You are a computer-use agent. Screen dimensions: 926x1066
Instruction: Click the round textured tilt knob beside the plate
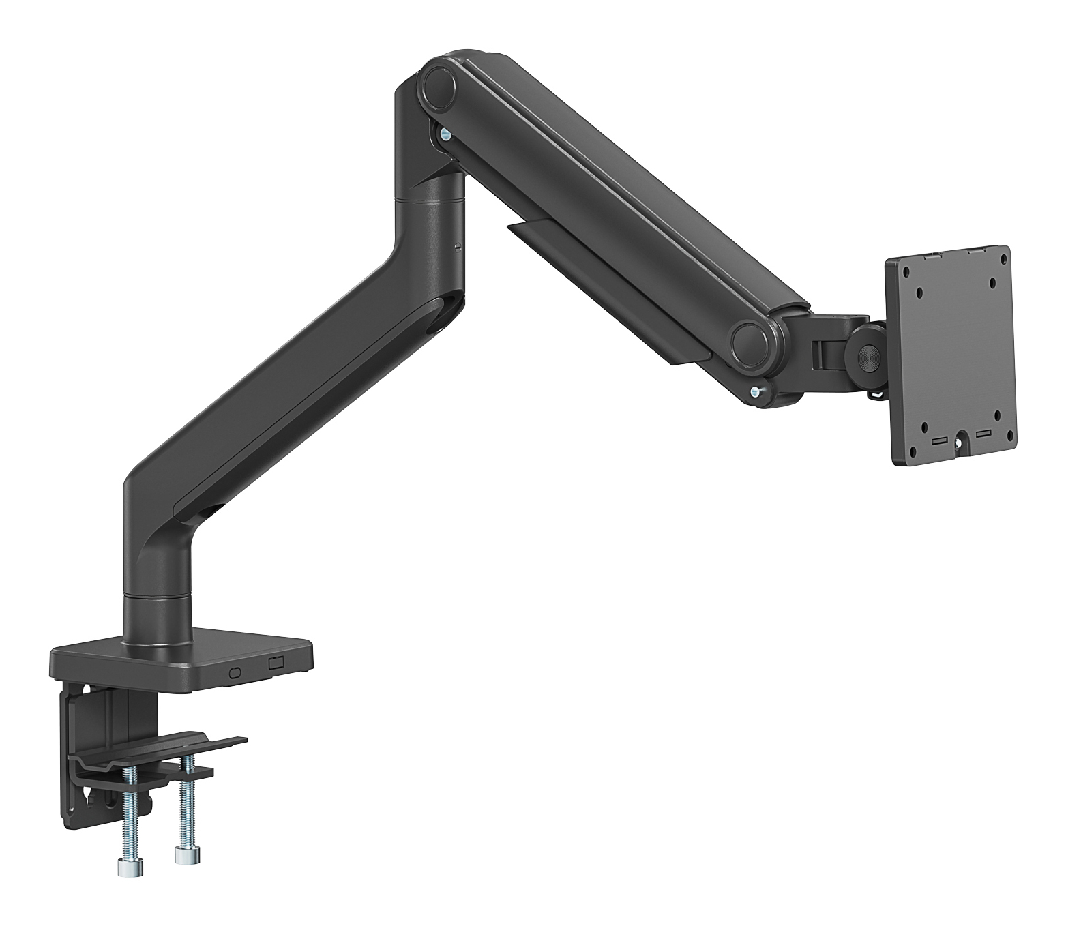[x=868, y=359]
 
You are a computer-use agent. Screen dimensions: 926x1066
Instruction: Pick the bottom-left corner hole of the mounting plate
[x=925, y=427]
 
